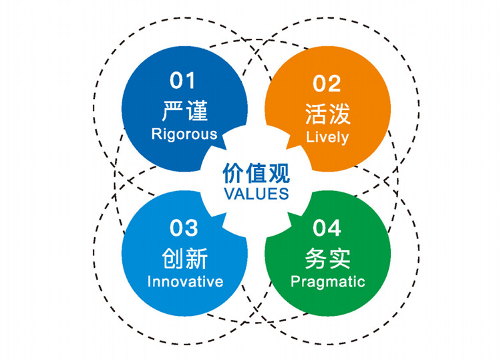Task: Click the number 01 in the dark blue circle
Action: (182, 81)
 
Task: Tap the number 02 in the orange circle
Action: (327, 83)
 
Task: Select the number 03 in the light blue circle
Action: (184, 228)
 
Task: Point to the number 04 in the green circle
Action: (327, 228)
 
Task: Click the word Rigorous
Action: (184, 134)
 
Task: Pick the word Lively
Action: (327, 138)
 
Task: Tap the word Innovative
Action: (185, 281)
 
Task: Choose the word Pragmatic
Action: (328, 282)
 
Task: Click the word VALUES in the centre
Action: (257, 194)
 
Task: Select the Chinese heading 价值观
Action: (257, 174)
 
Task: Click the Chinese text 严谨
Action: (185, 110)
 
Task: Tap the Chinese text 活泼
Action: (328, 114)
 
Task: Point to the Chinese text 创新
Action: (185, 258)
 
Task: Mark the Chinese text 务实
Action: (328, 258)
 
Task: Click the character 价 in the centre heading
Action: (233, 174)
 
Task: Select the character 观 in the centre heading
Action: (279, 174)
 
